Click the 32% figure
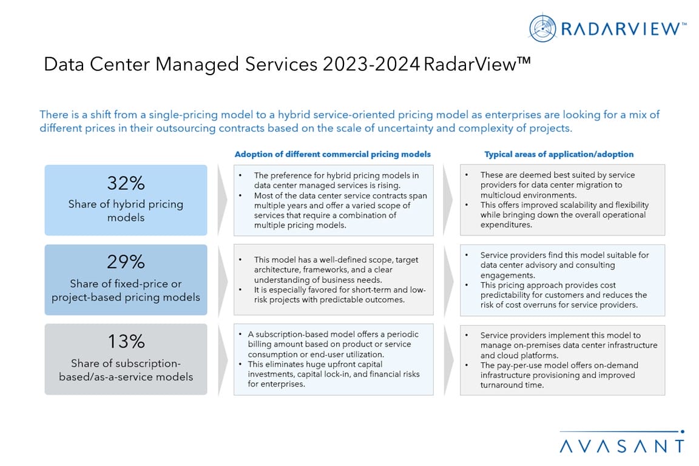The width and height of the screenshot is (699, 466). [x=126, y=183]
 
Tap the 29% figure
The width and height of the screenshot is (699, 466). [x=126, y=262]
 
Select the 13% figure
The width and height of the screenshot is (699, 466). [x=126, y=342]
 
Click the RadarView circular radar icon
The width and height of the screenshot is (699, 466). [x=542, y=29]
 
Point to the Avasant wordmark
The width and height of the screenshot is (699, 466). [x=621, y=446]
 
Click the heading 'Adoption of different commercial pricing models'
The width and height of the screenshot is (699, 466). [x=333, y=154]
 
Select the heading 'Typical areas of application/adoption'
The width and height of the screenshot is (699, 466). [x=559, y=154]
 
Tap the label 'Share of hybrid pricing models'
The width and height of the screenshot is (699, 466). [x=126, y=211]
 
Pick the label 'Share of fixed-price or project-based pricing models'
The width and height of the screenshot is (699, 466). [x=126, y=291]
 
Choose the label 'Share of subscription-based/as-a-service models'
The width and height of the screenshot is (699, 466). [x=126, y=370]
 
